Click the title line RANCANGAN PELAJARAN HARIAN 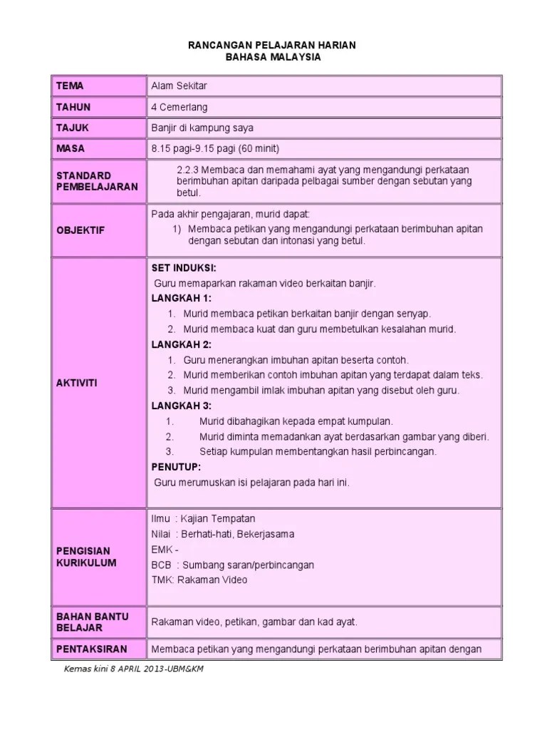click(x=273, y=45)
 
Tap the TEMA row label click(x=70, y=86)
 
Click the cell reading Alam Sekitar click(x=178, y=86)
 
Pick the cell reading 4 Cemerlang click(x=178, y=107)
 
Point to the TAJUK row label click(x=73, y=128)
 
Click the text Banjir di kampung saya click(x=202, y=128)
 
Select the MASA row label click(x=71, y=148)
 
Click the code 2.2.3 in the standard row click(x=187, y=169)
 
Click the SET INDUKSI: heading click(x=179, y=268)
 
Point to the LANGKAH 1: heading click(x=182, y=298)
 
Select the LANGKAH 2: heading click(x=182, y=344)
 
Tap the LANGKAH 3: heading click(x=182, y=406)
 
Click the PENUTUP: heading click(x=176, y=467)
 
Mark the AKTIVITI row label click(x=76, y=383)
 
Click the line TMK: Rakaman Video click(x=199, y=580)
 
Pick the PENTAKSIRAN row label click(x=91, y=649)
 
